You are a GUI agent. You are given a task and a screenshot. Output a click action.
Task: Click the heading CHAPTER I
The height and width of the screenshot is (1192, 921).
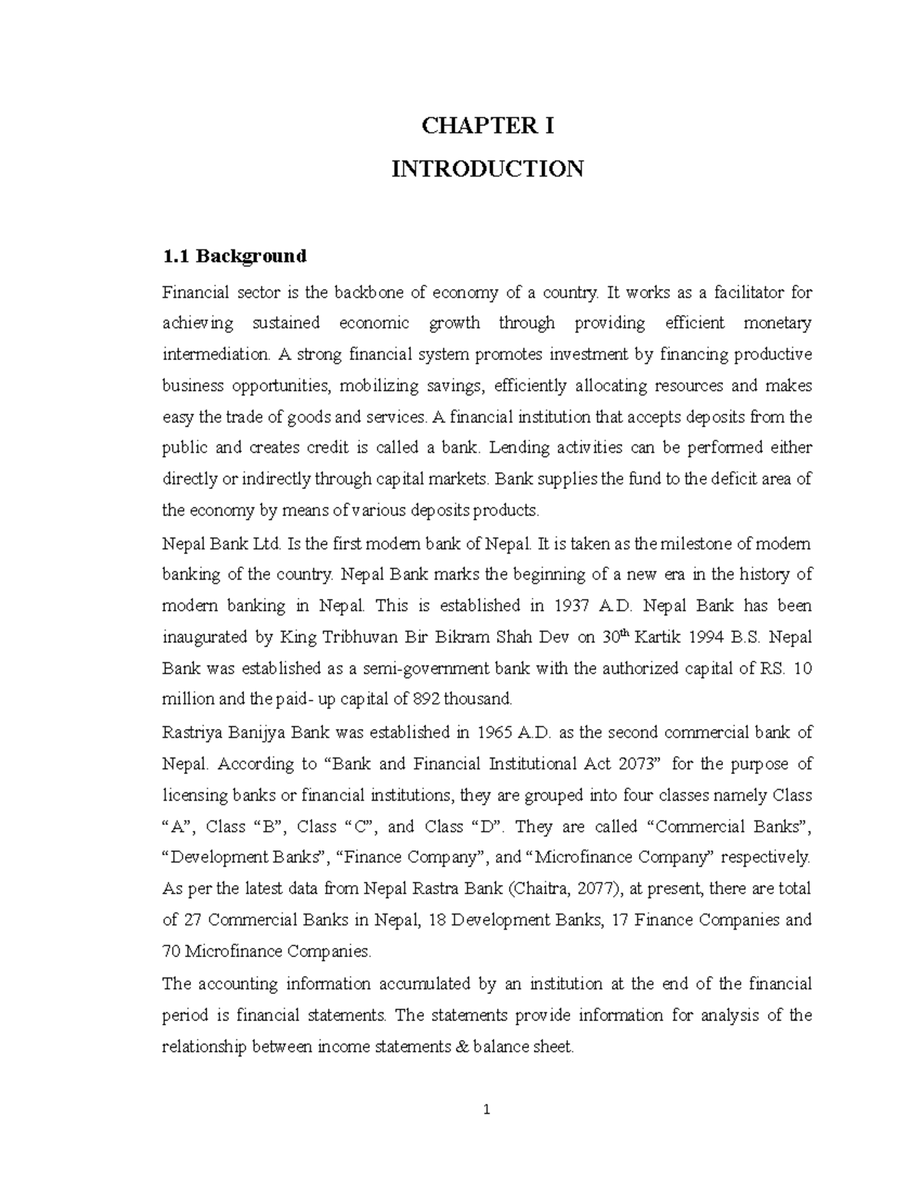click(x=487, y=126)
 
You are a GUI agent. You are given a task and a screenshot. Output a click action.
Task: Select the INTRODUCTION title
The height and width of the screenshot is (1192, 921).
click(x=487, y=168)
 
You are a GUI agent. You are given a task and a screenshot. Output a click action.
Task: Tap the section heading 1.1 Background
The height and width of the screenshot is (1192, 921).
click(x=234, y=256)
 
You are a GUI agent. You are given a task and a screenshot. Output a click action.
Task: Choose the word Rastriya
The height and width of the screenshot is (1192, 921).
click(x=191, y=732)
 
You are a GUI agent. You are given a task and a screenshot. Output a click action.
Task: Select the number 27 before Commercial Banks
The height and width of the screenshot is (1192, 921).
click(x=193, y=920)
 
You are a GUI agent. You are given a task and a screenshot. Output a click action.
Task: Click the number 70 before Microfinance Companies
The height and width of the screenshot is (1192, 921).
click(x=171, y=952)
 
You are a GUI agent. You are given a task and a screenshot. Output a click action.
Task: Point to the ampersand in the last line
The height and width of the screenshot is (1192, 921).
click(x=460, y=1047)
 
